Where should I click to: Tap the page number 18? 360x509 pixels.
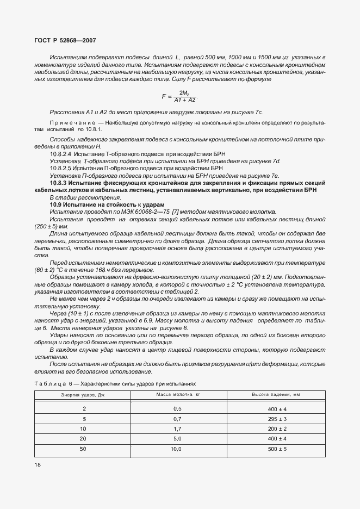pos(38,465)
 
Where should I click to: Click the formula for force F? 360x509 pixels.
pos(179,96)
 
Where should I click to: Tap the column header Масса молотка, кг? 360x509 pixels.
pos(178,394)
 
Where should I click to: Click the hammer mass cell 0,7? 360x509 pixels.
pos(177,419)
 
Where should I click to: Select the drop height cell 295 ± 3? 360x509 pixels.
pos(277,419)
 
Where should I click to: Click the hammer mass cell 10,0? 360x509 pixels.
pos(177,449)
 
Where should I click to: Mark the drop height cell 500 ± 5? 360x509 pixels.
pos(277,449)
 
